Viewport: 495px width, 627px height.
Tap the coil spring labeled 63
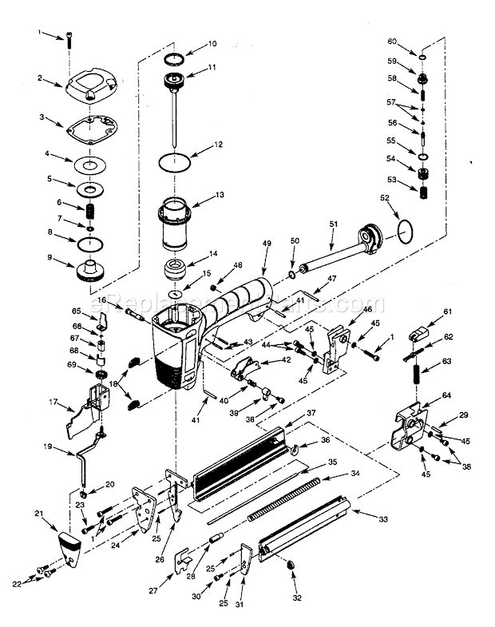[x=415, y=376]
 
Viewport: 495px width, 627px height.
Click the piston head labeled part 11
[x=174, y=81]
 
